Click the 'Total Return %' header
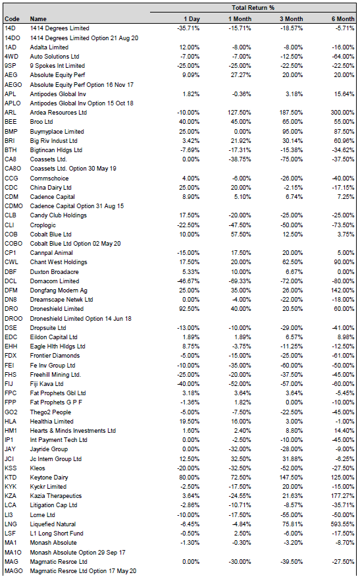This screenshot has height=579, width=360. tap(253, 8)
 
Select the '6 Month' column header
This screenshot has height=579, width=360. tap(343, 19)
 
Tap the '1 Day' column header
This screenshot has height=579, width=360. tap(192, 19)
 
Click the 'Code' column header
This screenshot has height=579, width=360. tap(12, 19)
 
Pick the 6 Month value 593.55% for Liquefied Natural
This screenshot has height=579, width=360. tap(343, 524)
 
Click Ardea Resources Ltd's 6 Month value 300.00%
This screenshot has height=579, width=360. tap(343, 112)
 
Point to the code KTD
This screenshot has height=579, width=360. tap(11, 477)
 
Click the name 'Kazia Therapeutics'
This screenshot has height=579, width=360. tap(56, 495)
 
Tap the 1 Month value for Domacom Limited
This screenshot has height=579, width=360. tap(240, 281)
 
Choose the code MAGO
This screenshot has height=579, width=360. tap(14, 571)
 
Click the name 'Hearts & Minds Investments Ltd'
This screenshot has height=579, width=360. tap(72, 431)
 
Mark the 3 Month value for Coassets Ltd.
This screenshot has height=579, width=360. tap(292, 159)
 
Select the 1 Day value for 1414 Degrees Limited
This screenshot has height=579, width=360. tap(188, 28)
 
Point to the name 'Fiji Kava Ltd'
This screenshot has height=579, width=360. tap(47, 383)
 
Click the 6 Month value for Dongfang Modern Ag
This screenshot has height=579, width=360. tap(343, 290)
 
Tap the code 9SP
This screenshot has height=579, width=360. tap(11, 66)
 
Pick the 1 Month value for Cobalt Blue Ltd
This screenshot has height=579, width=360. tap(241, 234)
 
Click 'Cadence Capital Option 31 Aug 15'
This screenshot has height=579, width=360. tap(77, 206)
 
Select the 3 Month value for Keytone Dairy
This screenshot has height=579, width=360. tap(291, 477)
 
